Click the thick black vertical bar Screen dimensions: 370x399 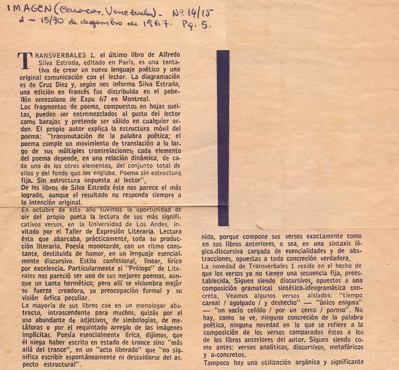coord(223,138)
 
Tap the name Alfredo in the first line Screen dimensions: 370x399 coord(169,55)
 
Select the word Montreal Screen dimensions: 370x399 coord(135,99)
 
